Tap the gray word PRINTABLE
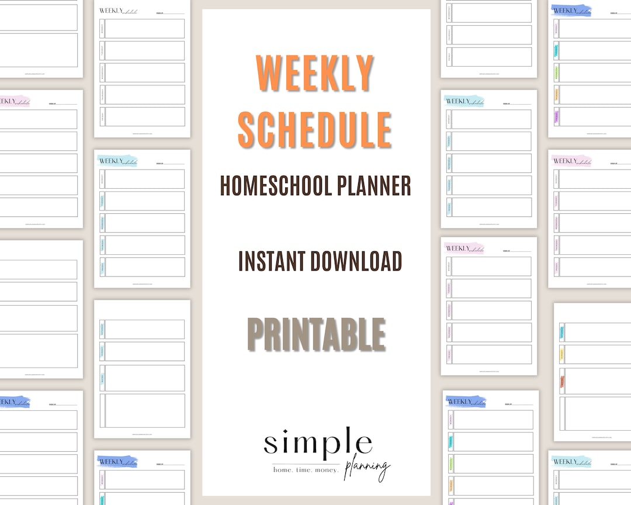316,334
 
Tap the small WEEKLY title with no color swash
108,10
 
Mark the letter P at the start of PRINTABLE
257,334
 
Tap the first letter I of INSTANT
241,261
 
